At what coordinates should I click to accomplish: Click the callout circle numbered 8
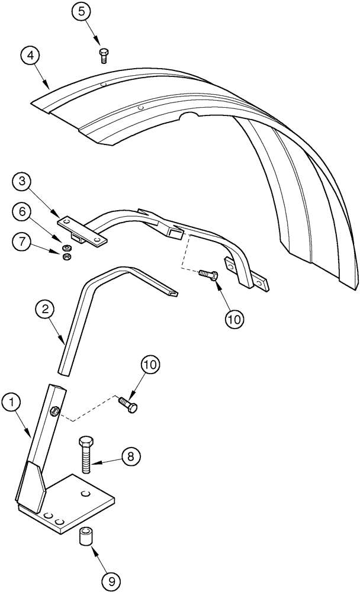[131, 456]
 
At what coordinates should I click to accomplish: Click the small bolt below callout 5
[103, 55]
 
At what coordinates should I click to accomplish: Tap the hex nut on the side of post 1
[53, 411]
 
